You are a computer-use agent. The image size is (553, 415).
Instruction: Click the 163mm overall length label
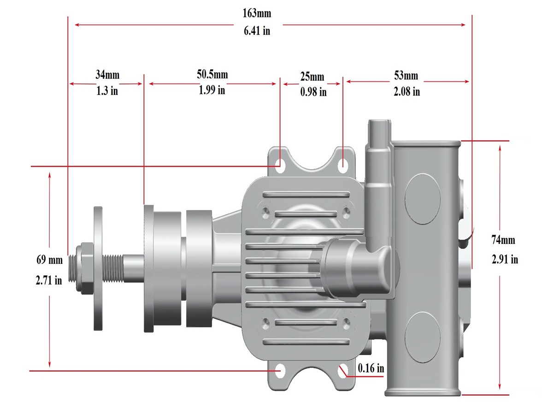coord(257,13)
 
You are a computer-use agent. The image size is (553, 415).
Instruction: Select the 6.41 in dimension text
coord(257,31)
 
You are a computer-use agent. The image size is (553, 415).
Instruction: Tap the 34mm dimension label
coord(107,75)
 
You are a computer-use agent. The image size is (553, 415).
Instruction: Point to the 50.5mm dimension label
coord(212,74)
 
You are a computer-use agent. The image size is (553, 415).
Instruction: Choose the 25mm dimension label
coord(312,77)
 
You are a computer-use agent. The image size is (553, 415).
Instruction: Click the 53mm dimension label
coord(406,75)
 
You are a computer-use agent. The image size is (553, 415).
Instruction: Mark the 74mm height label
coord(503,240)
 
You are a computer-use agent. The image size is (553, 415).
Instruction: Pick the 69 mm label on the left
coord(49,260)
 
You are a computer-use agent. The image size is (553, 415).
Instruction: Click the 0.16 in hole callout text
coord(371,368)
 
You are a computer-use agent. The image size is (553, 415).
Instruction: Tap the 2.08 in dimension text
coord(406,91)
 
